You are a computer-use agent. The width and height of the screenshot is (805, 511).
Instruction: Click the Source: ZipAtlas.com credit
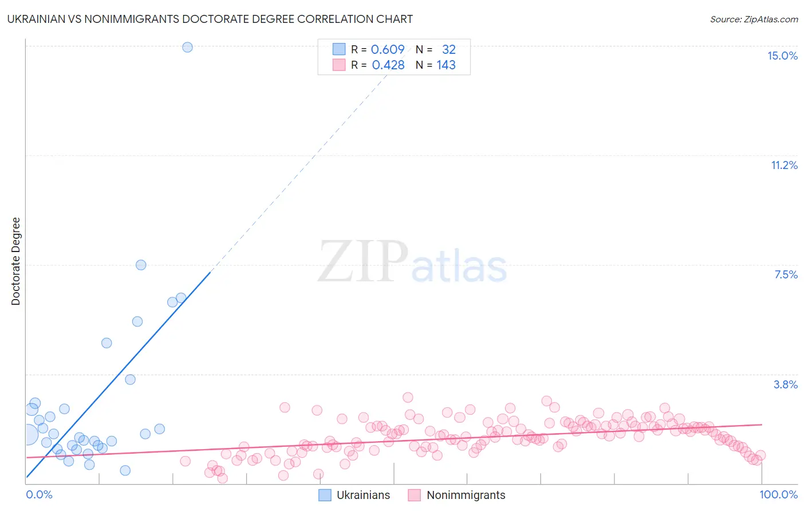coord(753,19)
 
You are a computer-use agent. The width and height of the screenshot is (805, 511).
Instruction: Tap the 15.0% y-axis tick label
coord(782,56)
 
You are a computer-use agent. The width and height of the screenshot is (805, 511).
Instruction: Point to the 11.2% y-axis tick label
coord(784,165)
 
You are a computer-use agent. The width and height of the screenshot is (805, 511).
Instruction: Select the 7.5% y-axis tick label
coord(786,274)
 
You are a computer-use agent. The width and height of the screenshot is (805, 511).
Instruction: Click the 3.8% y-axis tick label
coord(786,384)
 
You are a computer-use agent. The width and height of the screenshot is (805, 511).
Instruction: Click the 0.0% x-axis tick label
coord(40,494)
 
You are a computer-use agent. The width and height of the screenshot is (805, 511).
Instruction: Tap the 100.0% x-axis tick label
coord(778,494)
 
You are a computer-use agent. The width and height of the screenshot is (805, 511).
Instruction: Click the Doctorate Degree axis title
coord(16,261)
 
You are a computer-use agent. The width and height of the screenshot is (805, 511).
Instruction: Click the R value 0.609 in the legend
coord(388,50)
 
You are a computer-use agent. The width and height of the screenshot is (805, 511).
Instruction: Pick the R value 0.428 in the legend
coord(388,65)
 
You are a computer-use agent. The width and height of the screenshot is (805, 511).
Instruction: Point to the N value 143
coord(446,65)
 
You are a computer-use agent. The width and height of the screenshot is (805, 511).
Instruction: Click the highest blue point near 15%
coord(187,48)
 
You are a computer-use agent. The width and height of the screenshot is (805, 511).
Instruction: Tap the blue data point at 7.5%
coord(141,265)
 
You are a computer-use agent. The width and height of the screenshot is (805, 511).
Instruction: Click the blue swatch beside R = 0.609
coord(339,49)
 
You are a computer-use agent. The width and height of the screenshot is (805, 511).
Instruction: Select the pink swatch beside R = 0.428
coord(339,65)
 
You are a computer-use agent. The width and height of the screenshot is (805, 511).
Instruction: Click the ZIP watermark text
coord(363,262)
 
